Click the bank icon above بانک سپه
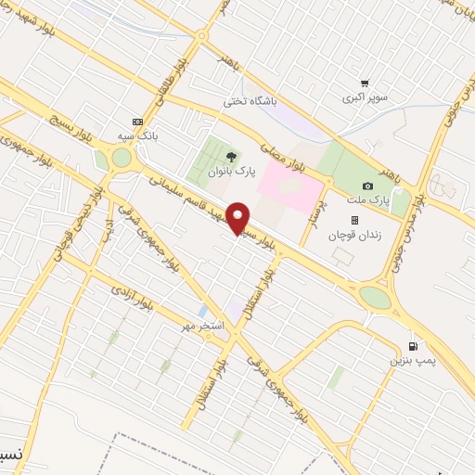tap(138, 122)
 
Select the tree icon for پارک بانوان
tap(231, 155)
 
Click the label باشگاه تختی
tap(250, 101)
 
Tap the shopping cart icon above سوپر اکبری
tap(364, 83)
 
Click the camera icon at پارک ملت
tap(366, 186)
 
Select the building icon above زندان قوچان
tap(353, 220)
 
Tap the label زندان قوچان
tap(349, 234)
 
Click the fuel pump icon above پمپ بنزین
tap(400, 345)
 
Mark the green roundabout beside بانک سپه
tap(122, 158)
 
